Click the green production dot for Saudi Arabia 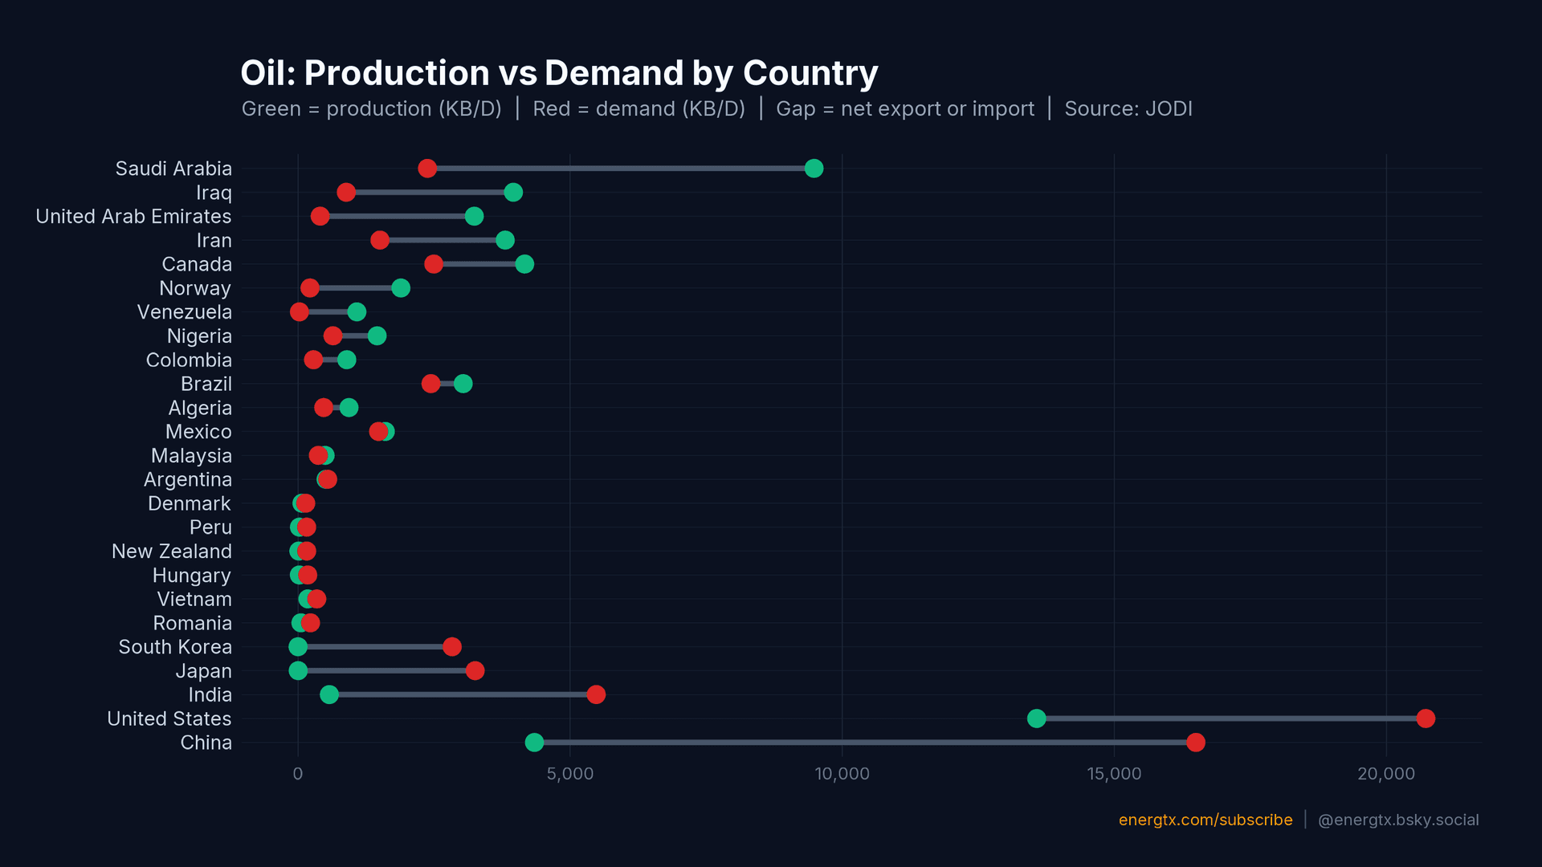click(x=814, y=168)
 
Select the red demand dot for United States click(x=1426, y=718)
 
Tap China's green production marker click(x=534, y=743)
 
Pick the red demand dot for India click(x=596, y=694)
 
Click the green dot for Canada click(x=524, y=264)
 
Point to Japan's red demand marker click(x=475, y=670)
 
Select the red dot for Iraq click(x=346, y=192)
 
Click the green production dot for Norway click(x=401, y=288)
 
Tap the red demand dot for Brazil click(x=430, y=384)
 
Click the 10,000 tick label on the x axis click(x=842, y=774)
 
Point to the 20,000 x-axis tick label click(x=1385, y=774)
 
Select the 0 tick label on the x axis click(x=298, y=774)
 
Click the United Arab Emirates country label click(x=133, y=217)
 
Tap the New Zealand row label click(x=171, y=552)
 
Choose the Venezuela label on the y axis click(x=184, y=312)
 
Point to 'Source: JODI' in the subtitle click(x=1128, y=109)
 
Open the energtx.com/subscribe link click(x=1205, y=820)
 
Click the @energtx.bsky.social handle click(x=1397, y=820)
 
